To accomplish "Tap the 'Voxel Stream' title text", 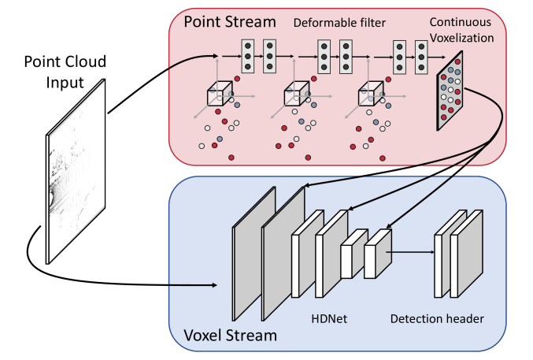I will point(224,336).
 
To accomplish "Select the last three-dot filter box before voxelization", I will point(422,57).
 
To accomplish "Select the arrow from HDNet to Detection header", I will point(411,253).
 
